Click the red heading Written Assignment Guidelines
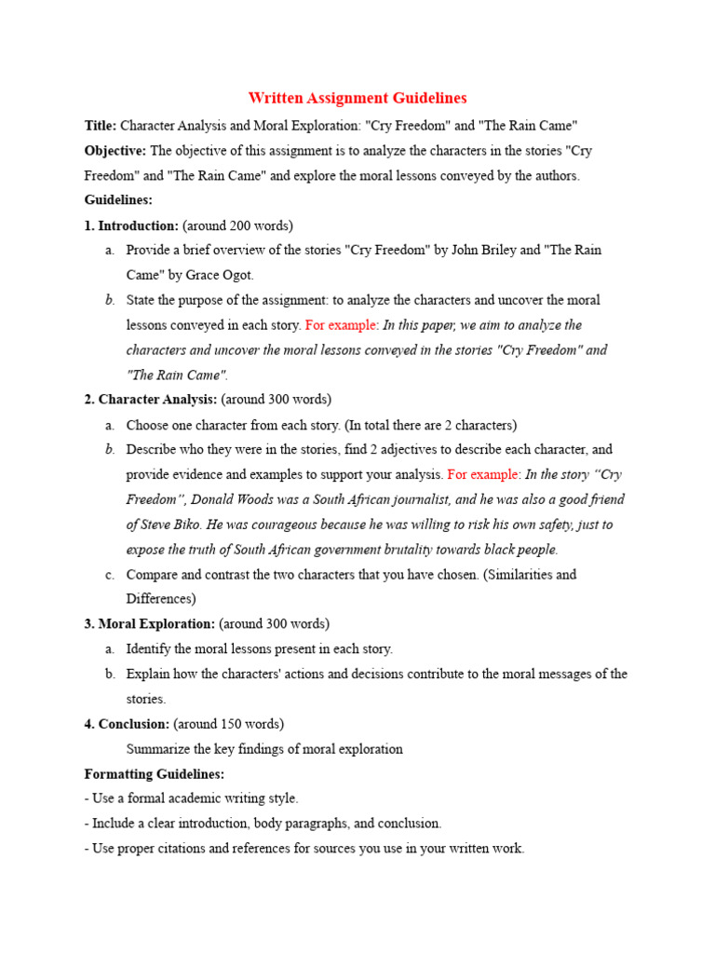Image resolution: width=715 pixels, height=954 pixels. click(x=357, y=98)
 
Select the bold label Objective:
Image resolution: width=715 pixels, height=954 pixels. click(x=115, y=151)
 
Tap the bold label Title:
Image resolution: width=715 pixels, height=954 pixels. click(x=101, y=126)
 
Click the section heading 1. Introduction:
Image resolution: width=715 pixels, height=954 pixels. click(x=131, y=225)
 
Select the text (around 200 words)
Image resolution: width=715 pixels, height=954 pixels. click(x=237, y=225)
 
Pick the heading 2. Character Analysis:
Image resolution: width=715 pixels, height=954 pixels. click(x=150, y=400)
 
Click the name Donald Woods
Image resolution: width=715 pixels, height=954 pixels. click(x=215, y=499)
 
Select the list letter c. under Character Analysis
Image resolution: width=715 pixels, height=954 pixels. click(x=110, y=575)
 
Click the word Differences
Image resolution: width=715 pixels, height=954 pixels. click(x=159, y=599)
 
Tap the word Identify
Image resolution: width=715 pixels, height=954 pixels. click(x=148, y=649)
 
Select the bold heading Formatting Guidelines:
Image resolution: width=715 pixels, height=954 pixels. click(x=154, y=774)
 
